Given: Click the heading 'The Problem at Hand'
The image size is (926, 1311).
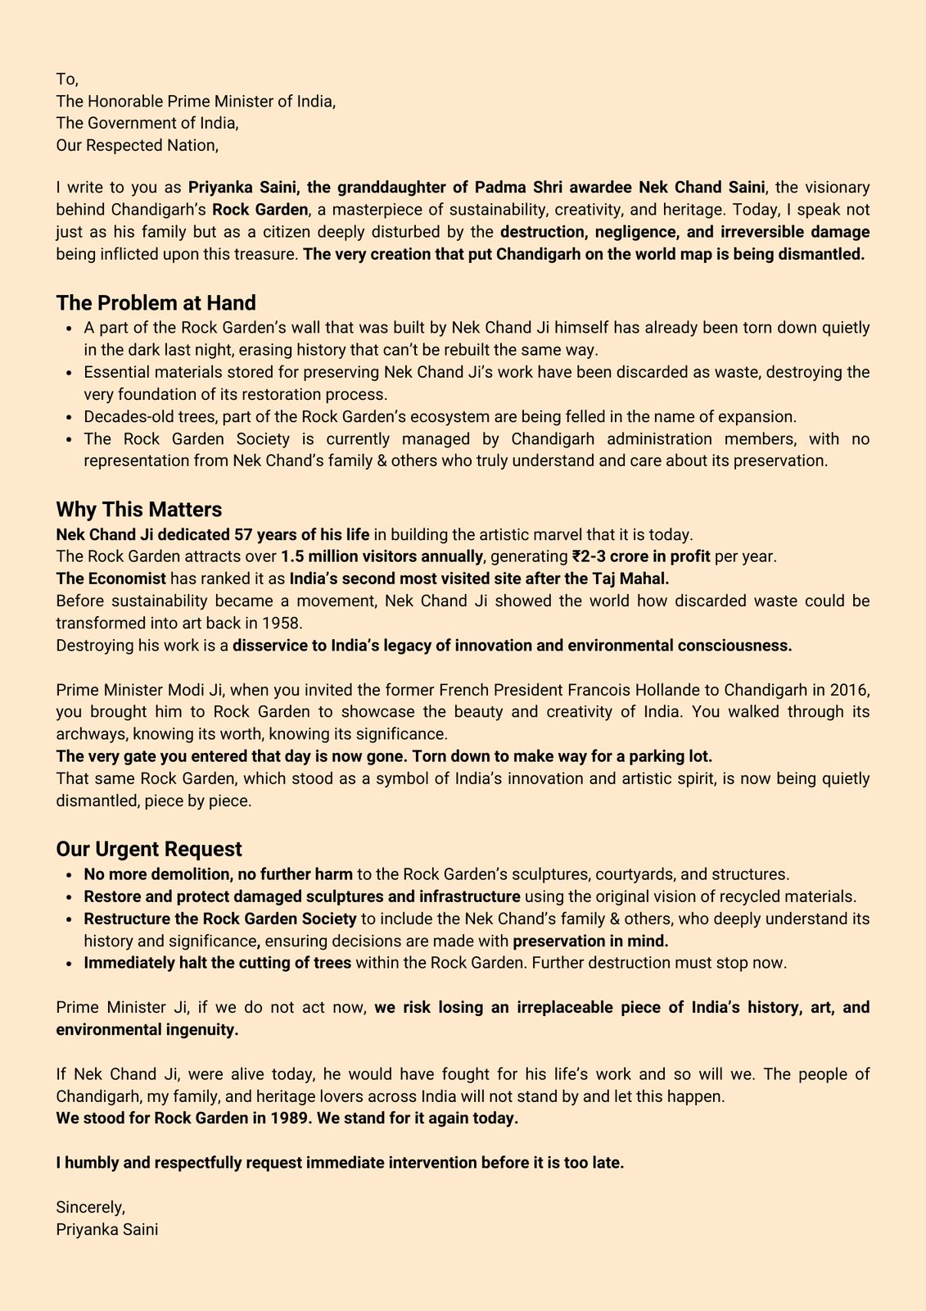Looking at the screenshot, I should click(156, 303).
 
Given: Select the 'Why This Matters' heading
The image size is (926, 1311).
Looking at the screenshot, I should click(138, 510).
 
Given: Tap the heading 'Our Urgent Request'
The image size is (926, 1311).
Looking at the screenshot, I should click(149, 849).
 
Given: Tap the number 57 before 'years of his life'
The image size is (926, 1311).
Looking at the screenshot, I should click(243, 534).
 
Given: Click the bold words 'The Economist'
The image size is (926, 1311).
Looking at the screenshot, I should click(111, 578).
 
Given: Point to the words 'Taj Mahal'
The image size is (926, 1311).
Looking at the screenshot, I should click(635, 578).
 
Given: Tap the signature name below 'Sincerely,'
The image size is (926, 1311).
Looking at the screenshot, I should click(106, 1229).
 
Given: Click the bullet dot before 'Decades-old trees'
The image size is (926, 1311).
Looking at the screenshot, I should click(68, 417).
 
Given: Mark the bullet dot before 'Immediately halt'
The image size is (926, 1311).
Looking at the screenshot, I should click(68, 963).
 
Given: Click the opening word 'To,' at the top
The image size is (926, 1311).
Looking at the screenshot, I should click(67, 79).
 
